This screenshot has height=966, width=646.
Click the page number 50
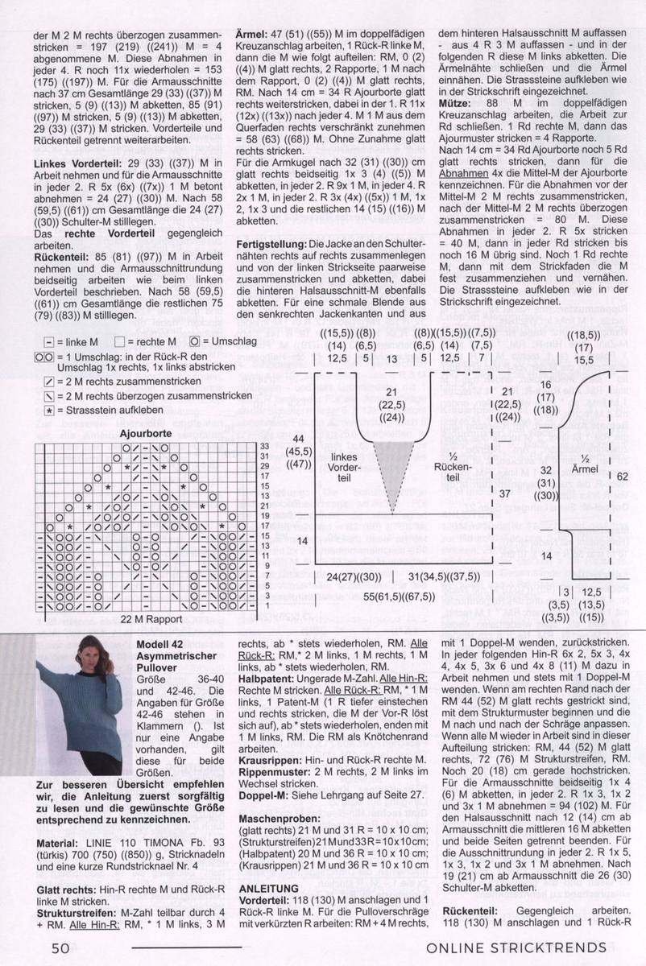[60, 947]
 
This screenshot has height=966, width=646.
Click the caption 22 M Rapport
[148, 619]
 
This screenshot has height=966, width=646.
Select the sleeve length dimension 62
[622, 477]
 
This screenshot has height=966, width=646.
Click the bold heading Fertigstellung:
[271, 243]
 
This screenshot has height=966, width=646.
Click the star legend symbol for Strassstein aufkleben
[50, 409]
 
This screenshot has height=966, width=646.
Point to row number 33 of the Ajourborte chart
[263, 445]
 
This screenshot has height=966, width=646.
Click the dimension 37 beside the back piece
[505, 493]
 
